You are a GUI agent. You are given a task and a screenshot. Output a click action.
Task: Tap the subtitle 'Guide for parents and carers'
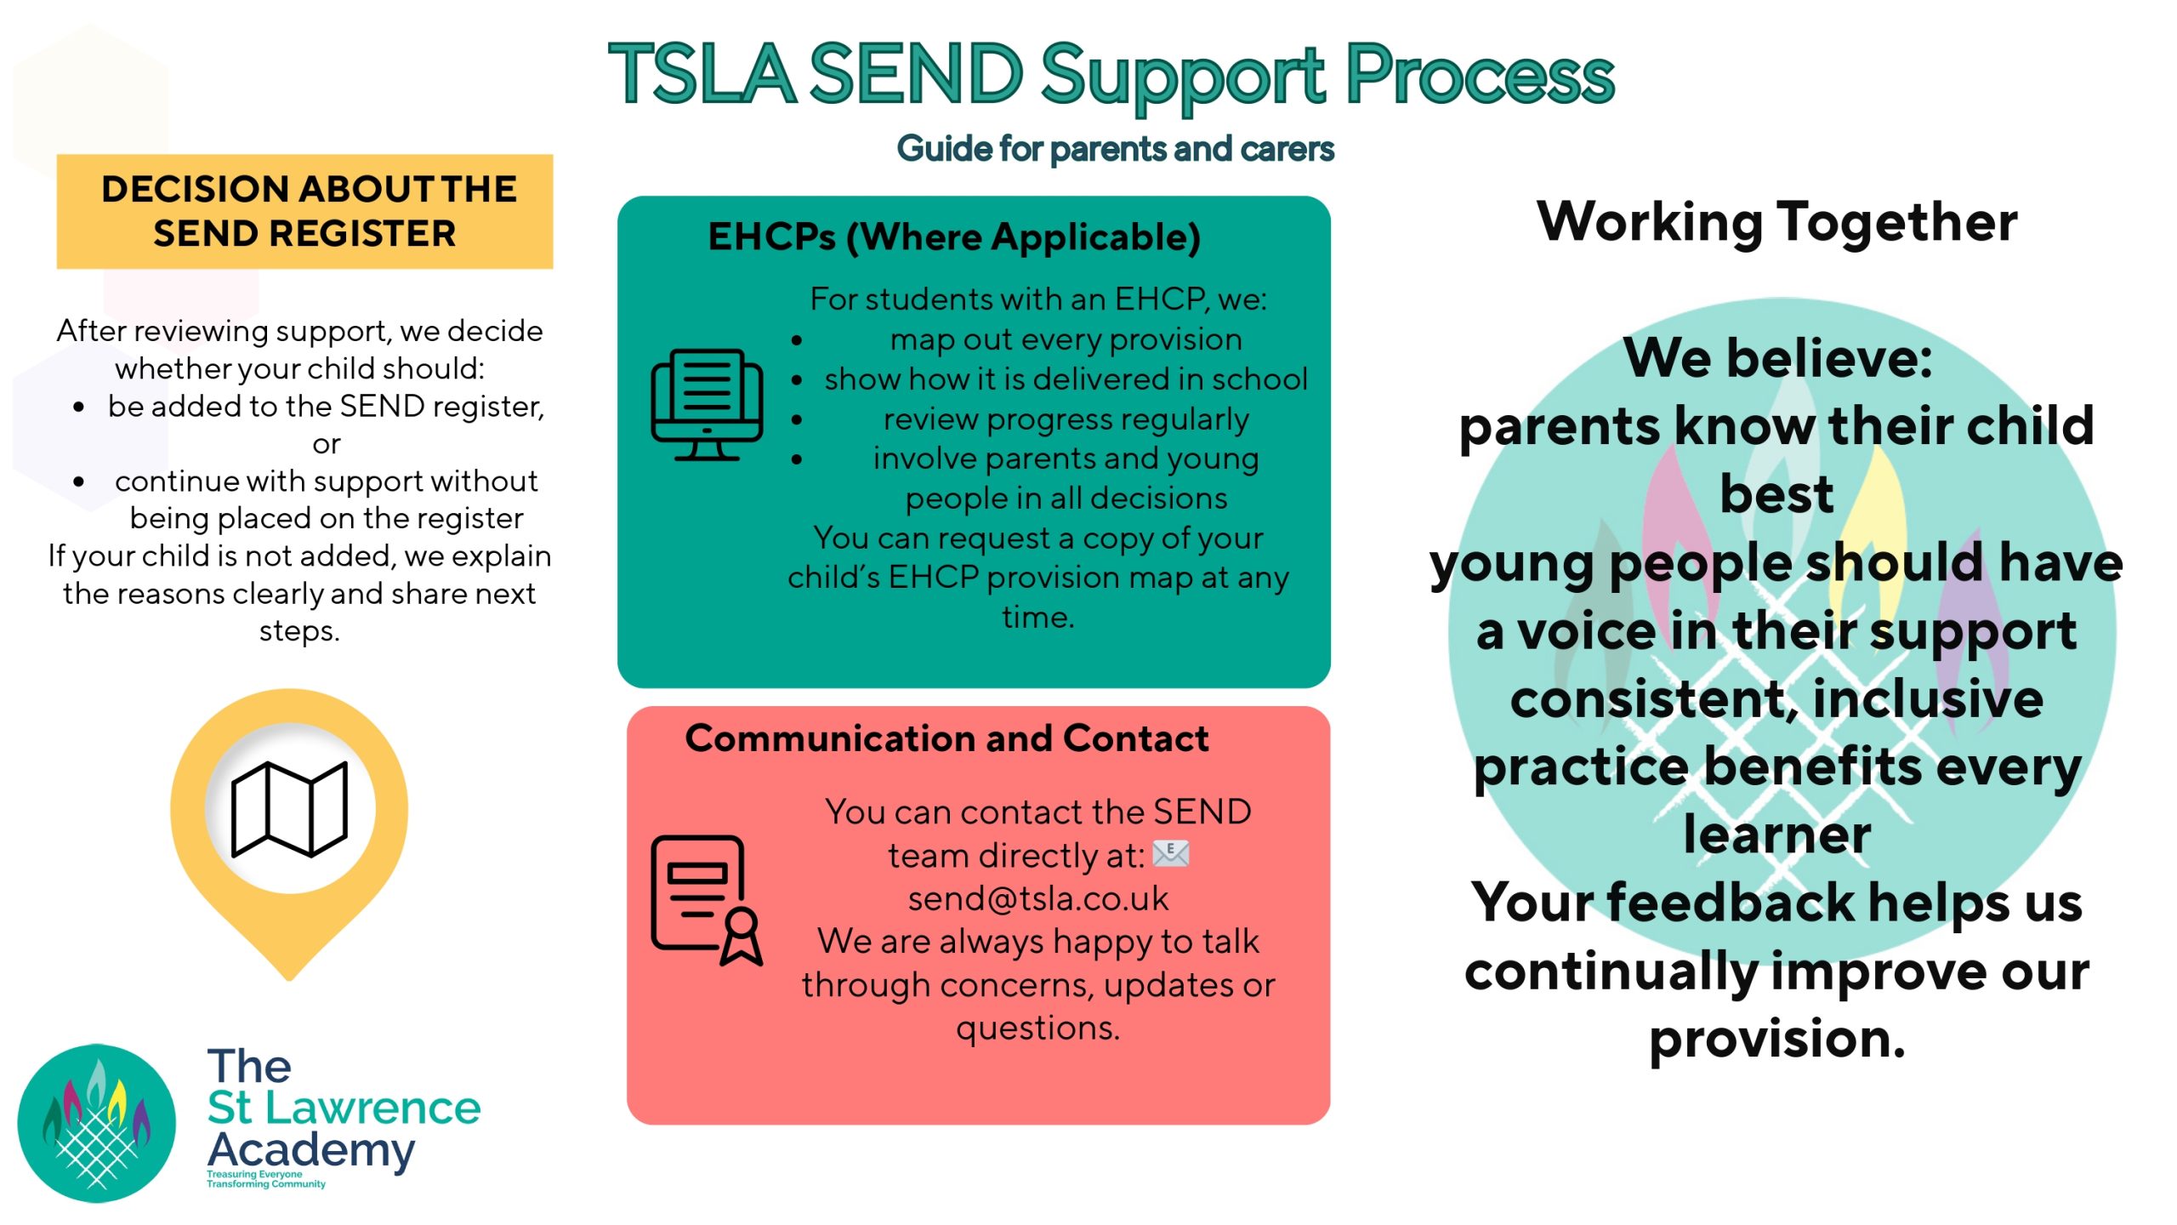point(1115,149)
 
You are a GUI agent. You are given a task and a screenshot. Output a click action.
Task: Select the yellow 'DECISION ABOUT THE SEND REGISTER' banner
point(304,211)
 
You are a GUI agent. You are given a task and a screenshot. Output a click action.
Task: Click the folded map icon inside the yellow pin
point(289,808)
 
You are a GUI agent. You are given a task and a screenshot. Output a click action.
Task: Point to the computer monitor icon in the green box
point(707,405)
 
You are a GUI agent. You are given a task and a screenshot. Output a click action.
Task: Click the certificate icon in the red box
point(706,901)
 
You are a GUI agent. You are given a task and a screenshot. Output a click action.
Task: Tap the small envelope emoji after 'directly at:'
point(1170,853)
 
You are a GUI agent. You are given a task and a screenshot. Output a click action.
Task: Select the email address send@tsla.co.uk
point(1037,898)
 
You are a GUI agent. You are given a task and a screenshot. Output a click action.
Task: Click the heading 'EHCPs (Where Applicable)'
point(954,237)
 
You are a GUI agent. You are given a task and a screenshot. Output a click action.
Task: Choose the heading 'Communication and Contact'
point(946,738)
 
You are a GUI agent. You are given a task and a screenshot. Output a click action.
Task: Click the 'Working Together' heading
point(1776,222)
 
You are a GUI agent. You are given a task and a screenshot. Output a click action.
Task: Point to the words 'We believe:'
point(1776,358)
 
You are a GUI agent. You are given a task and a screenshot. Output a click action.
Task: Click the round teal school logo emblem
point(96,1123)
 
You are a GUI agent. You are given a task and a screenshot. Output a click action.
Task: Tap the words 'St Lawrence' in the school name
point(344,1108)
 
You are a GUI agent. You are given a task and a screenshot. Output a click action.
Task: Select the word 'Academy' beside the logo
point(311,1149)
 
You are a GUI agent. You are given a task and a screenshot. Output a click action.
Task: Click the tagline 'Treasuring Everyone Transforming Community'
point(265,1179)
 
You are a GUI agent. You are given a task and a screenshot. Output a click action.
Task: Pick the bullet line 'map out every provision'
point(1066,339)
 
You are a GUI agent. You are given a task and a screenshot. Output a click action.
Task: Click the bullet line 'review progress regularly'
point(1066,419)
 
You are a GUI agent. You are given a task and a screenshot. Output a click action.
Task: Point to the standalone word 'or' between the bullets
point(326,444)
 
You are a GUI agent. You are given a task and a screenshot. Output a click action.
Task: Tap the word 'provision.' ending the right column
point(1776,1039)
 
